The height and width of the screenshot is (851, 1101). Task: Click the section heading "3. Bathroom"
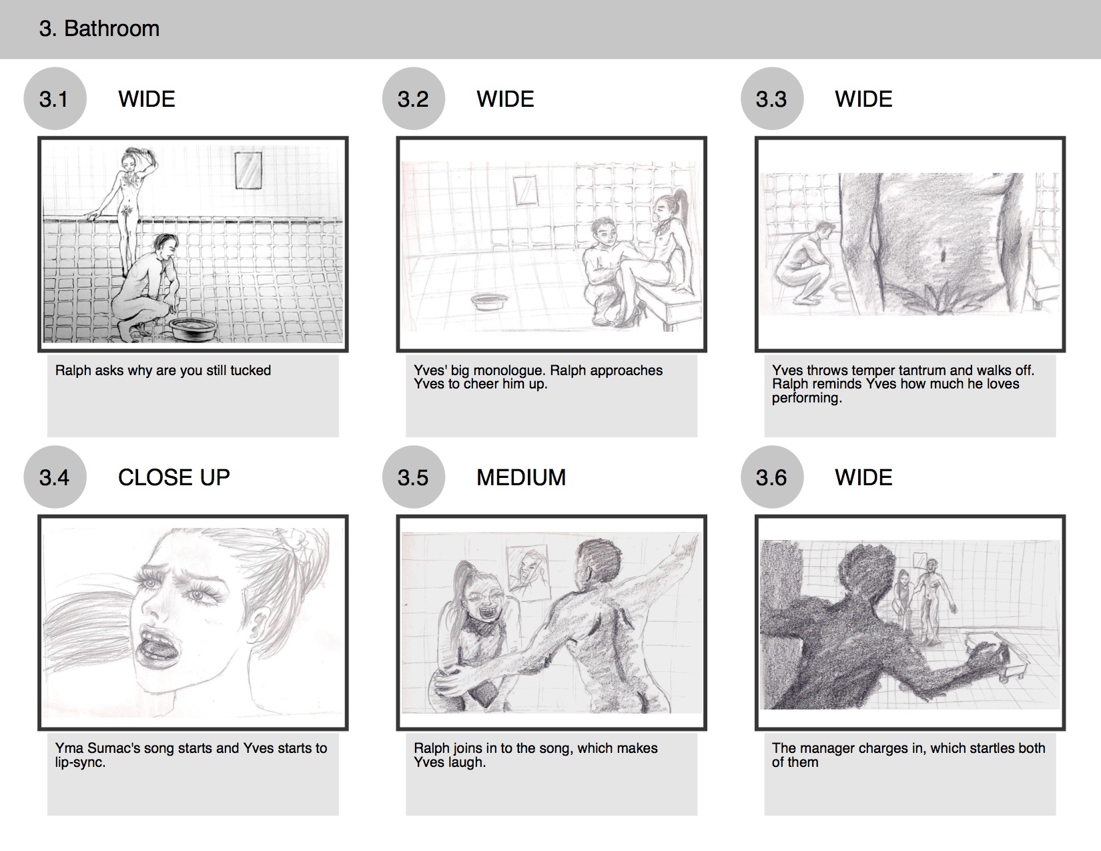[99, 29]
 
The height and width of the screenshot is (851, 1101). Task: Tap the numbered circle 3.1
[55, 98]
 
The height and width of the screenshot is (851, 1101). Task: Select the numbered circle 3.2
[414, 98]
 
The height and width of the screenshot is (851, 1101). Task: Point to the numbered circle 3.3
[772, 98]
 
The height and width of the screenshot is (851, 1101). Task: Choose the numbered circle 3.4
[55, 477]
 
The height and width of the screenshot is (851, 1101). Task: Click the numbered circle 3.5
[414, 477]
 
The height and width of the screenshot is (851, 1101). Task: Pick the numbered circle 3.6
[772, 477]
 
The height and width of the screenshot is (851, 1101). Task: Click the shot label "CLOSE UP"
[173, 477]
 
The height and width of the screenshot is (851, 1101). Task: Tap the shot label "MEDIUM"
[521, 477]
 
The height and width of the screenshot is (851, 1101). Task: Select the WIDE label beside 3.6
[863, 477]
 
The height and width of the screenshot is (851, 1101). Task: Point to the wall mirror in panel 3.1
[248, 170]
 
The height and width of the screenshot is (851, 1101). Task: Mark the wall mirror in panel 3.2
[525, 190]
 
